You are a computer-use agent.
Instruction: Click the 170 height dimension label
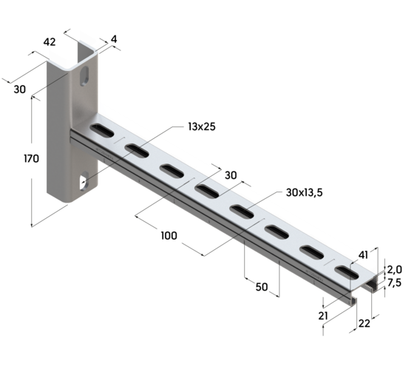[30, 159]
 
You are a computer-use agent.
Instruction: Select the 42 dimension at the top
[50, 42]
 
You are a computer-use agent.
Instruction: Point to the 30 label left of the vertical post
[20, 89]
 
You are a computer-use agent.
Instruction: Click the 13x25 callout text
[200, 126]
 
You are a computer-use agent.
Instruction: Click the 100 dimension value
[169, 235]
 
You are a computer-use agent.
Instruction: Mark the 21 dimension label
[322, 316]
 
